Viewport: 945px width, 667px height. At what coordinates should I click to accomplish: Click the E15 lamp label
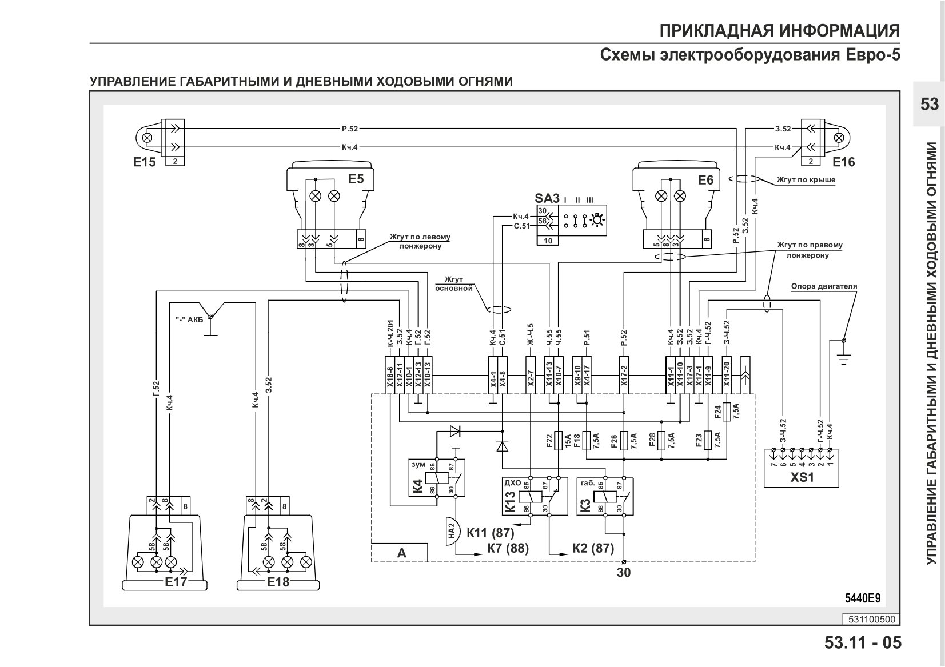(x=144, y=162)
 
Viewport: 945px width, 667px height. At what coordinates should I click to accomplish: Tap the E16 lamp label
(x=843, y=162)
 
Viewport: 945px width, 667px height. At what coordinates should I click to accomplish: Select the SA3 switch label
(x=547, y=198)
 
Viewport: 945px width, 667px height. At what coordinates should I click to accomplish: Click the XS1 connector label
(x=802, y=477)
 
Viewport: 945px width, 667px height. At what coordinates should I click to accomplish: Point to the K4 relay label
(x=417, y=486)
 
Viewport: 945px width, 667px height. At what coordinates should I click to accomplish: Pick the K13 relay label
(x=510, y=501)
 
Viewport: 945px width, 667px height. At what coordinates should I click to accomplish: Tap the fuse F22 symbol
(x=558, y=441)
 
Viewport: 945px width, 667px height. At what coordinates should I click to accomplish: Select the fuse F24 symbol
(x=727, y=412)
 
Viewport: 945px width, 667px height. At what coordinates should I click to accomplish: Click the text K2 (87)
(x=593, y=548)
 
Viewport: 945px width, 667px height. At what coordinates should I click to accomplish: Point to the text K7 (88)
(x=508, y=548)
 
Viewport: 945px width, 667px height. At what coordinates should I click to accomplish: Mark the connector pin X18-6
(x=390, y=375)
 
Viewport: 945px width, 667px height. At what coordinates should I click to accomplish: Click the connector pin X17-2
(x=624, y=375)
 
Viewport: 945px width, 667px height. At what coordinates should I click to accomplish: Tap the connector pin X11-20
(x=727, y=375)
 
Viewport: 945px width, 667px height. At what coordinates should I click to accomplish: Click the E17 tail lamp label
(x=176, y=582)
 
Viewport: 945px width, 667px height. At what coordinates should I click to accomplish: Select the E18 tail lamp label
(x=278, y=582)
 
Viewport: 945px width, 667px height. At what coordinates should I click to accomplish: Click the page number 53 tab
(x=929, y=104)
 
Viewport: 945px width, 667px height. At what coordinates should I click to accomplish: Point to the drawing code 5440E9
(x=863, y=598)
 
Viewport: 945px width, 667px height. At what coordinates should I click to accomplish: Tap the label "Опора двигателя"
(x=824, y=286)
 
